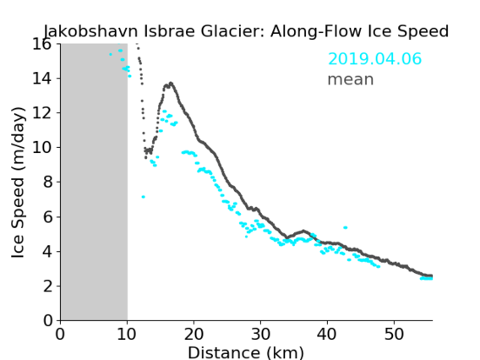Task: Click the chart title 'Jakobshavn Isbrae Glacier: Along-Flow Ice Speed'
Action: [246, 31]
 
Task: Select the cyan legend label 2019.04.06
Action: [374, 59]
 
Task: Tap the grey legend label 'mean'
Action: [351, 79]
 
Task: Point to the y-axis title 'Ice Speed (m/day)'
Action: [18, 183]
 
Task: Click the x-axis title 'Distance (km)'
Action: [246, 352]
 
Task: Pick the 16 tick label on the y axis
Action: [41, 44]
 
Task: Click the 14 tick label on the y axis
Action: [41, 79]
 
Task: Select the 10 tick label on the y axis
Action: [41, 148]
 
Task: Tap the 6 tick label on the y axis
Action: [47, 217]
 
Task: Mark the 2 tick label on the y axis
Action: [47, 286]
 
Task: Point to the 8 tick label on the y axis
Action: [47, 183]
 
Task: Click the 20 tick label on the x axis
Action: [194, 334]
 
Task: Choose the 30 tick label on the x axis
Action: [260, 334]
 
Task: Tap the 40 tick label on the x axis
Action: [327, 334]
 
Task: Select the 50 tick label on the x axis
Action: [394, 334]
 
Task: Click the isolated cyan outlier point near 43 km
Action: [346, 227]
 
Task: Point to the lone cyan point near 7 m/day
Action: [143, 197]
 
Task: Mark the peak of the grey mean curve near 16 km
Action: [171, 83]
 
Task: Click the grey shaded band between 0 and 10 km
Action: [94, 182]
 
